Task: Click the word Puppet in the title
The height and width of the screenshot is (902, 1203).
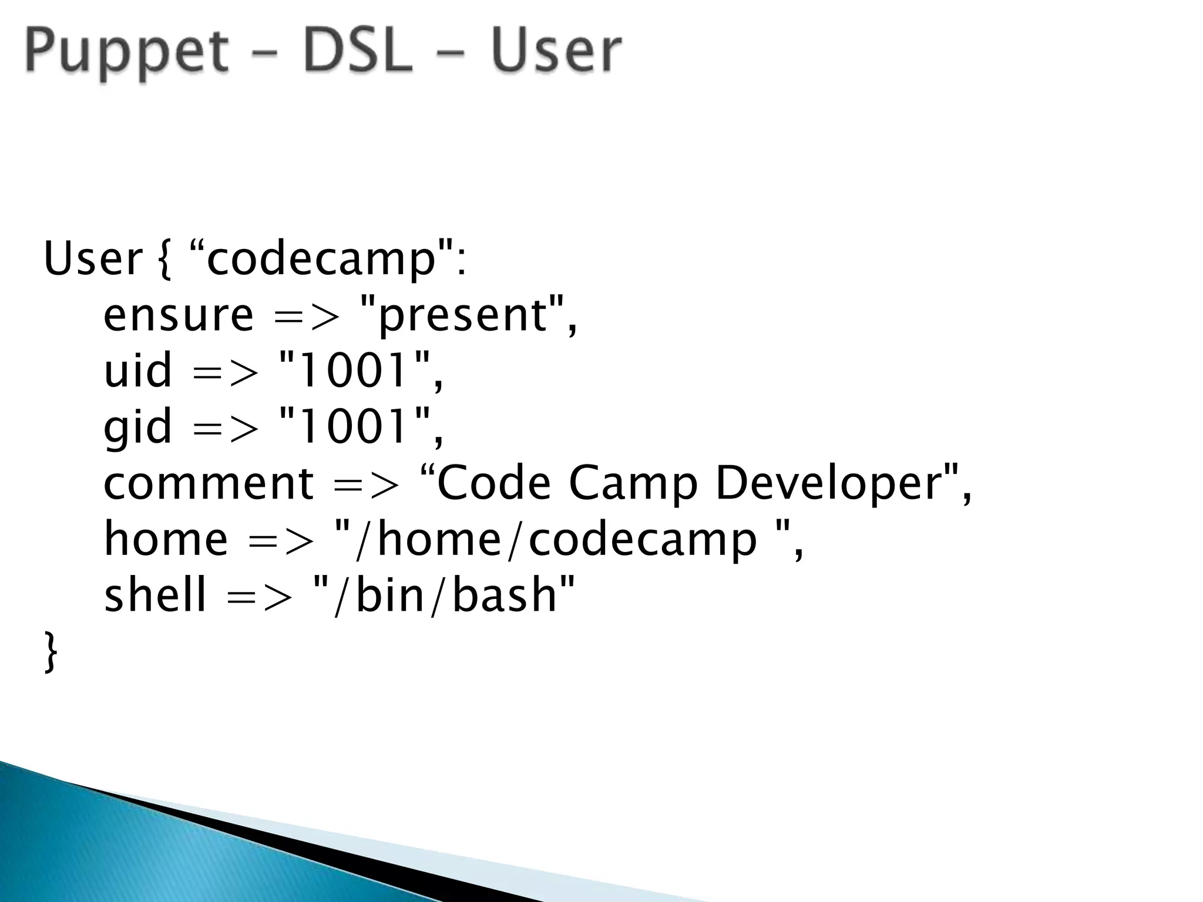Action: point(126,52)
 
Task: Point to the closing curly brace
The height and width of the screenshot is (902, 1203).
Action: point(51,651)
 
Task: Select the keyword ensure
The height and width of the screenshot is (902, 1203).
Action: point(178,315)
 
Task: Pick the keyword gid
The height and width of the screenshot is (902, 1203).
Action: point(137,427)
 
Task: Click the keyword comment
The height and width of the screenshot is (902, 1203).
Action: point(209,483)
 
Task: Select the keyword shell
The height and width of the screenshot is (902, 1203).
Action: point(155,595)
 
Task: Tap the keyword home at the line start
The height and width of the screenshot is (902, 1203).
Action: point(166,540)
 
